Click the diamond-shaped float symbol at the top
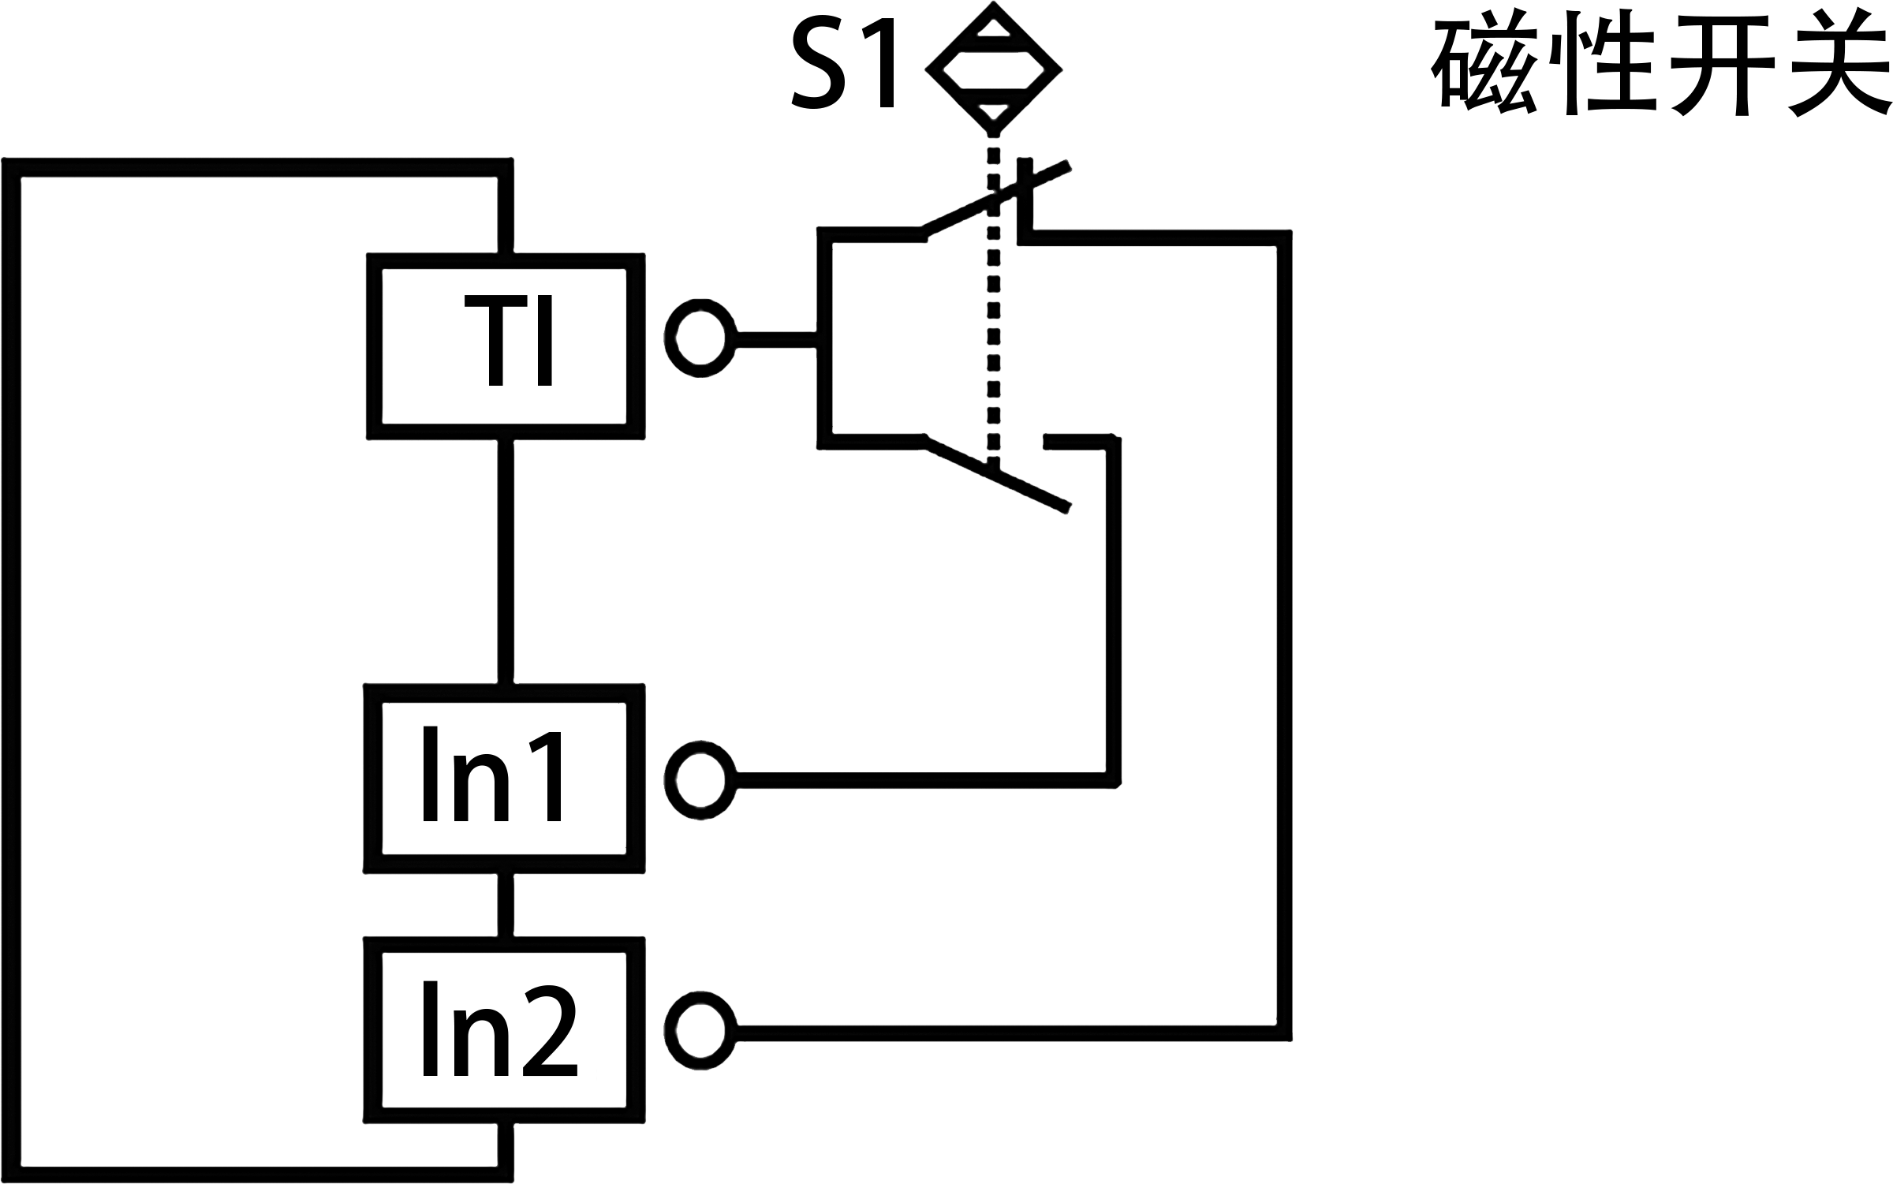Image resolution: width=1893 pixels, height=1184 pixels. click(x=993, y=68)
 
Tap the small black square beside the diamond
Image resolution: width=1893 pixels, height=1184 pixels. click(x=842, y=62)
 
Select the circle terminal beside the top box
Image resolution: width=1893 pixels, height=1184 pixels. click(x=700, y=338)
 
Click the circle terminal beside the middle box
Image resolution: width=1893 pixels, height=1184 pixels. click(x=700, y=780)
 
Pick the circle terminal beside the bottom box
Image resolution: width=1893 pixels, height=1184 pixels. click(x=700, y=1032)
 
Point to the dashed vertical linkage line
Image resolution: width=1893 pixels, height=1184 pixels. click(x=994, y=316)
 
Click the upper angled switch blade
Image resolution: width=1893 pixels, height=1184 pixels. click(x=995, y=199)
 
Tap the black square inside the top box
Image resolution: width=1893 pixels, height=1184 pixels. click(x=508, y=340)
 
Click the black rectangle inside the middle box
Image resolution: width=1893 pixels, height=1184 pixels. click(x=492, y=773)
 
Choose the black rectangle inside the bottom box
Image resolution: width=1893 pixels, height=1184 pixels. click(x=500, y=1029)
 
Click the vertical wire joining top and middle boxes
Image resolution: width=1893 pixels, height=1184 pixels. click(x=506, y=560)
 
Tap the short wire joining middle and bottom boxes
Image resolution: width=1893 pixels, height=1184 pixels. click(x=506, y=905)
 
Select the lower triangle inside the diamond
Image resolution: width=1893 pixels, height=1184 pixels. click(x=993, y=111)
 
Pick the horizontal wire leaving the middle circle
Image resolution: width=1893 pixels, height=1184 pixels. click(x=923, y=780)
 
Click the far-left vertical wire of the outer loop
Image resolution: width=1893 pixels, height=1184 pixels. click(x=11, y=670)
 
